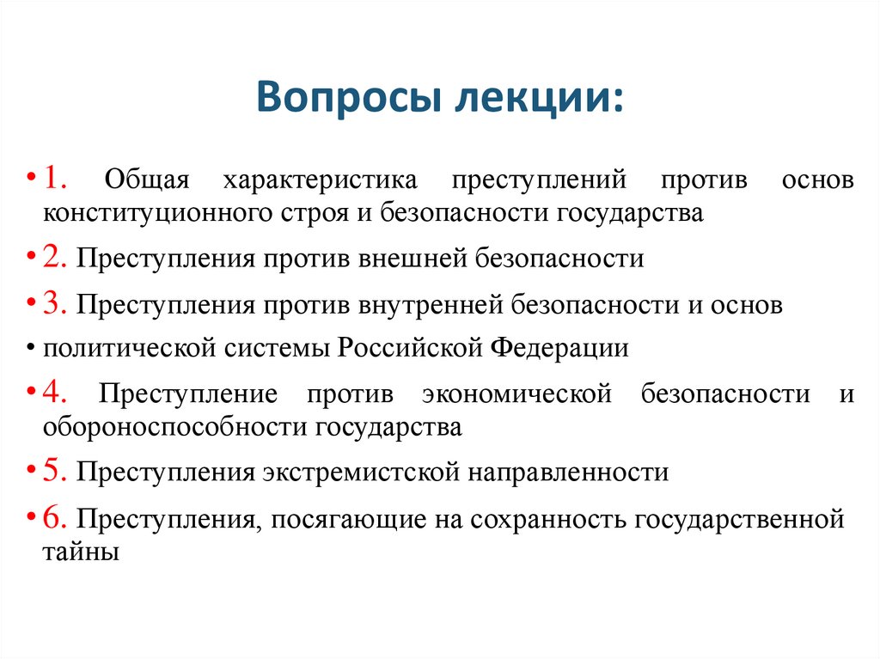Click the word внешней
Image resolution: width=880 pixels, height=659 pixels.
tap(408, 259)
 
